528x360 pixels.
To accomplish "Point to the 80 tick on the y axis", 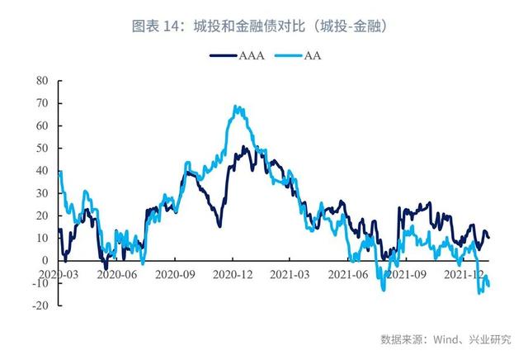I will click(x=43, y=81).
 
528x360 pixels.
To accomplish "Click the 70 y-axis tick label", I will click(x=43, y=103).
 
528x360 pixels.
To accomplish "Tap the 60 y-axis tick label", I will click(x=43, y=126).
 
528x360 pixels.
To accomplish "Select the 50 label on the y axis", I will click(x=43, y=148).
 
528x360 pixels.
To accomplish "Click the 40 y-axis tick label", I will click(x=43, y=170).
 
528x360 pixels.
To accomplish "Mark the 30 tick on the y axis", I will click(x=43, y=192).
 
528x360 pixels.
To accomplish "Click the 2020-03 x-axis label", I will click(x=59, y=272).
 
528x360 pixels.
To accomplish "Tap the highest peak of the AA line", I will click(x=236, y=107).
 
